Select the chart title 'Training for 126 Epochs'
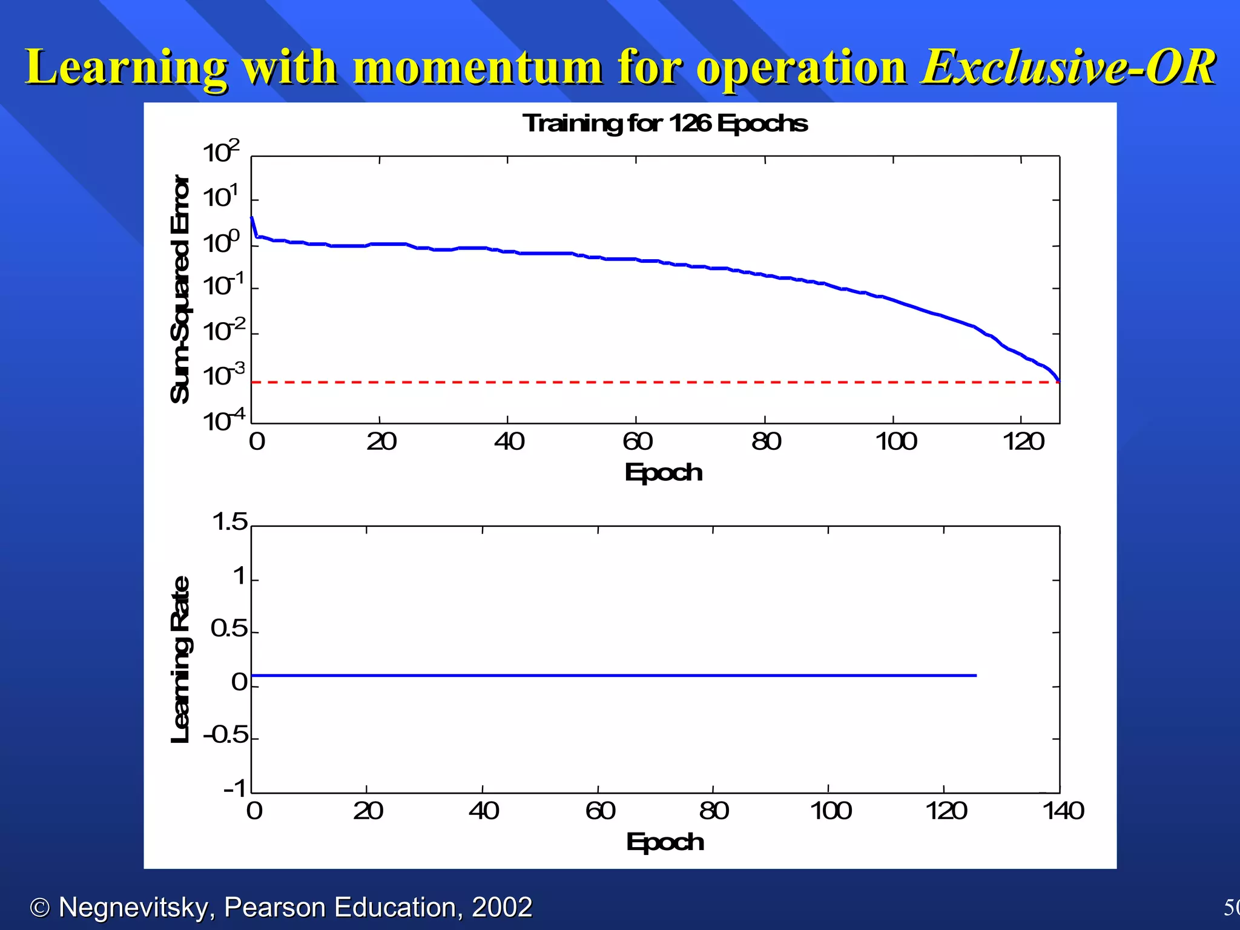(665, 124)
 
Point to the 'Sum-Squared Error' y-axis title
(180, 289)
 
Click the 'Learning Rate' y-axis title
(180, 659)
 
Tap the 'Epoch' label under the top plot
(663, 472)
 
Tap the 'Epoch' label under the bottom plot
(665, 842)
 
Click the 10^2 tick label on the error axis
(221, 151)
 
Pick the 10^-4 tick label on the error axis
(223, 420)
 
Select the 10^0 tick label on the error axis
(221, 242)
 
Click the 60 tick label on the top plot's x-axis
(637, 441)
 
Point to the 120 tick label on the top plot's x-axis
(1023, 441)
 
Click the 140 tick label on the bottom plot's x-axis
(1063, 811)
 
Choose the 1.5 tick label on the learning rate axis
(230, 522)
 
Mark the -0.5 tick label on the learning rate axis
(226, 735)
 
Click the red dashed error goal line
(605, 383)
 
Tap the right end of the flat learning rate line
(975, 675)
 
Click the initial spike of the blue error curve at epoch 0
(252, 219)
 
